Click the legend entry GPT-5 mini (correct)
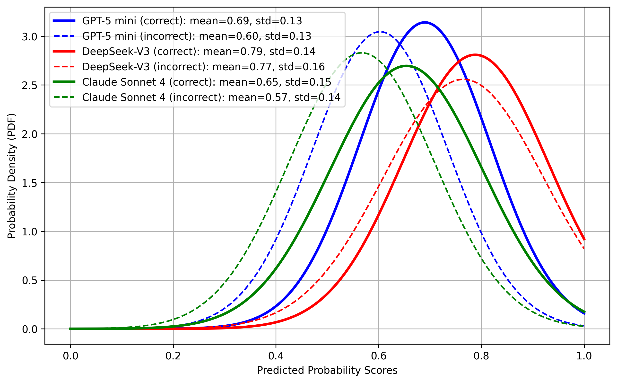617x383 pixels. (192, 21)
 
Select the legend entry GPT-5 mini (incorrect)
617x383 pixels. (196, 36)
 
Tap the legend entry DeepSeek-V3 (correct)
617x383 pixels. (199, 51)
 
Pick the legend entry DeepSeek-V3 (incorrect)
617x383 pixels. (203, 67)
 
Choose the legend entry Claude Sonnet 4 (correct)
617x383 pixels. (207, 82)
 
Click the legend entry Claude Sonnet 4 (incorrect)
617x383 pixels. (211, 98)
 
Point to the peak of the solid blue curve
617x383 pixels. (425, 23)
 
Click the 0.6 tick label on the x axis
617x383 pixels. (379, 356)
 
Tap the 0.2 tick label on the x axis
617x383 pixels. (173, 356)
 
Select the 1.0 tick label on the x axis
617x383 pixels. (584, 356)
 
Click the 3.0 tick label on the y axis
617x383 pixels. (30, 37)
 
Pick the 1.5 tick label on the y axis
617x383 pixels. (30, 183)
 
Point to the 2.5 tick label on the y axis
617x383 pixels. (30, 86)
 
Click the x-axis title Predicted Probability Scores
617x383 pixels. (327, 371)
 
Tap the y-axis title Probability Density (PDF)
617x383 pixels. (12, 176)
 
